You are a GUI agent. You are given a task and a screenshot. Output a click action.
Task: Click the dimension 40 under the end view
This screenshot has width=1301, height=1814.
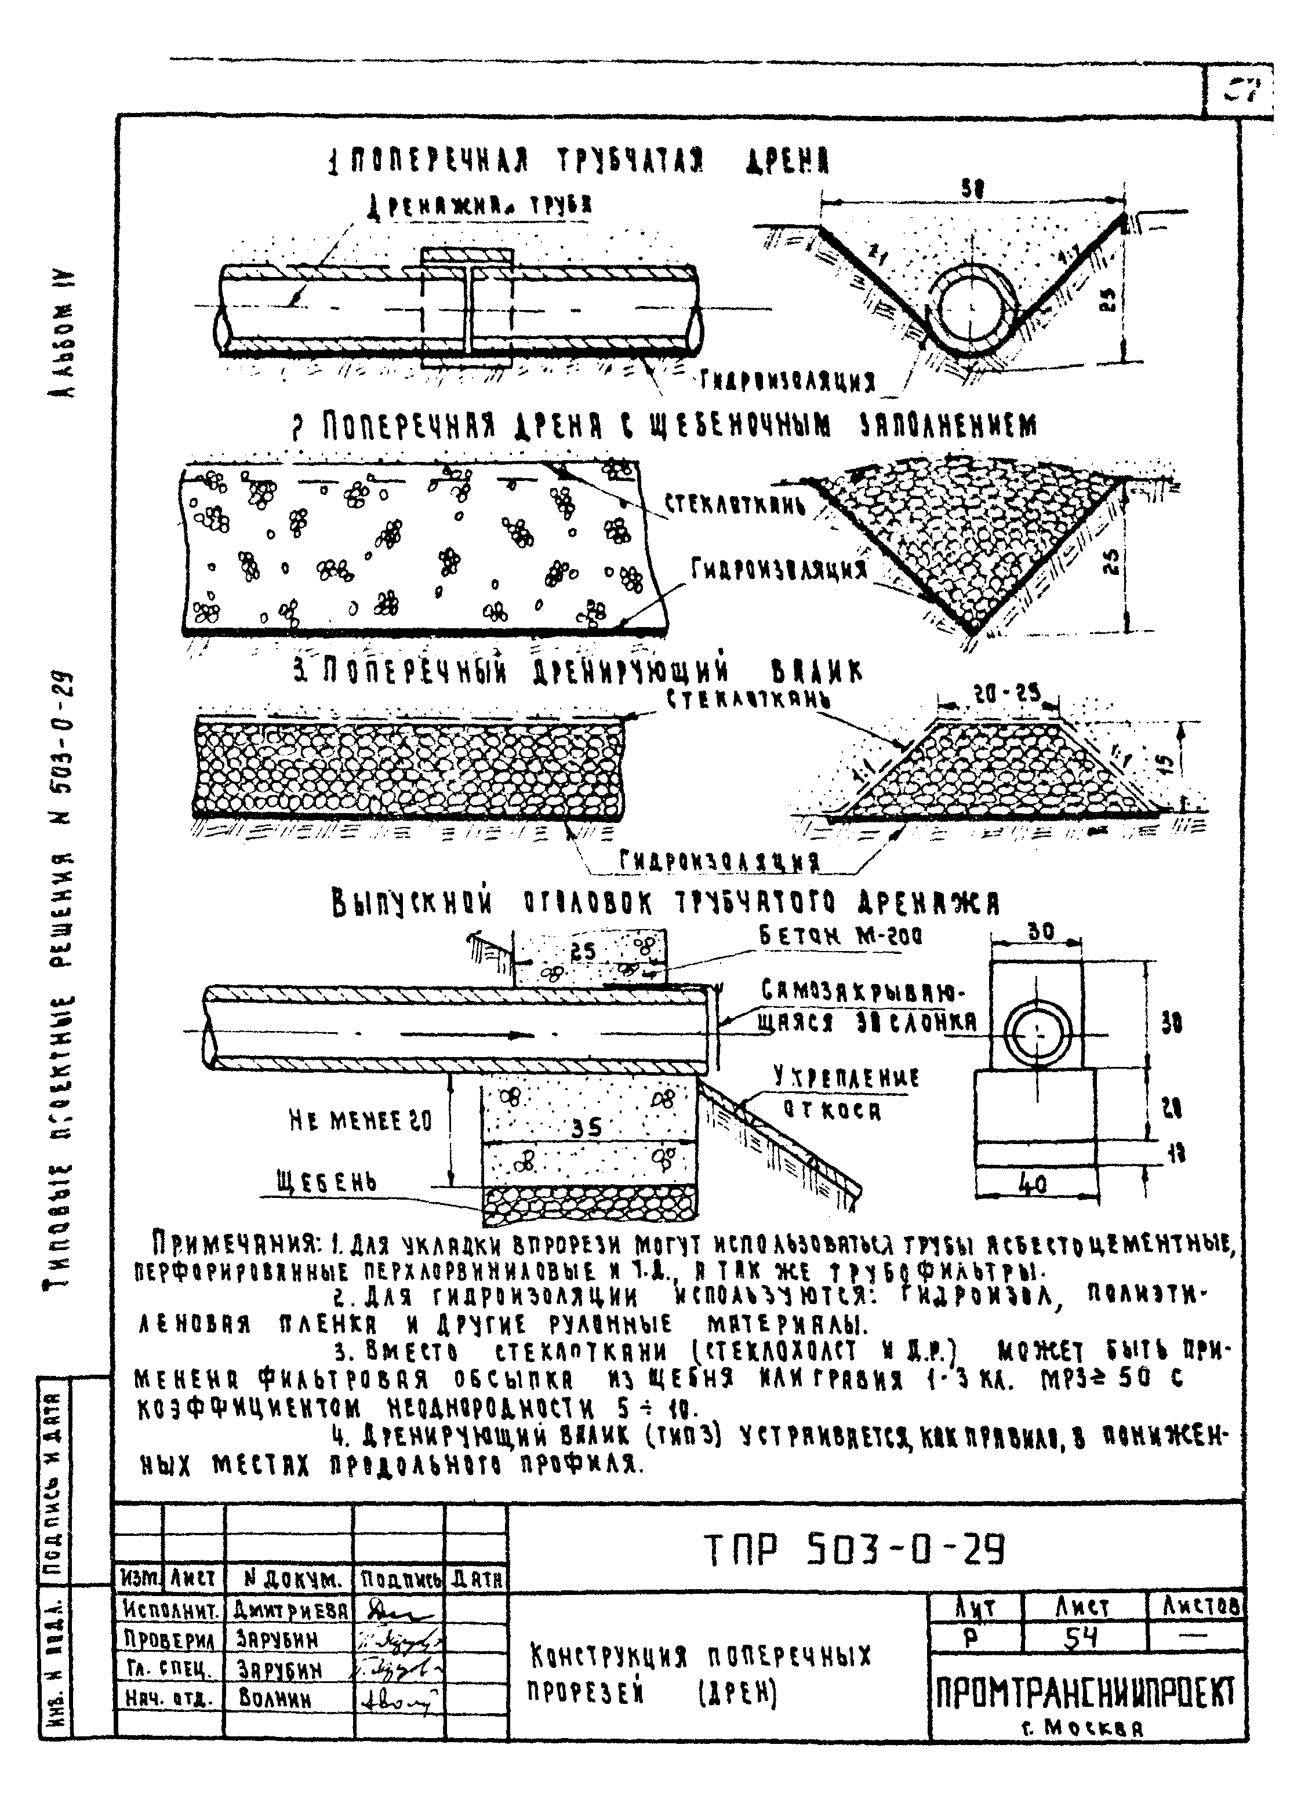coord(1034,1184)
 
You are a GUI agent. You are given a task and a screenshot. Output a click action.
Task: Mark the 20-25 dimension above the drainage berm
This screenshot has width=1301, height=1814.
coord(1006,695)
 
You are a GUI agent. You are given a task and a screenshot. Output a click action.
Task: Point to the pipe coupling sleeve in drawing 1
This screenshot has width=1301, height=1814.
coord(467,308)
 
